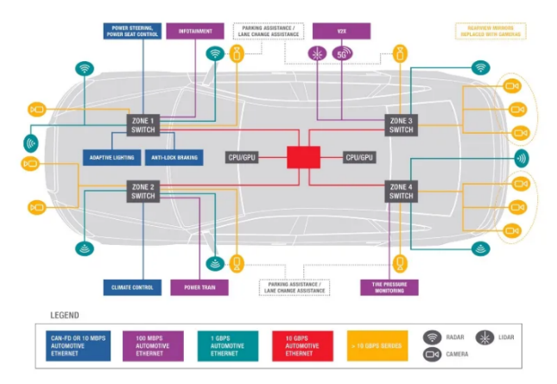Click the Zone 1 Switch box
click(x=142, y=125)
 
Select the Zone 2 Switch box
click(x=142, y=191)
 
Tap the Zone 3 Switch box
click(x=401, y=125)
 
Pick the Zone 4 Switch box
click(x=401, y=191)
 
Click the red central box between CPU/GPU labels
click(x=303, y=157)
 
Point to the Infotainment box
click(x=195, y=31)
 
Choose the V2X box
click(x=342, y=31)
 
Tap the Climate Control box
click(x=132, y=287)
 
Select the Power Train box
click(x=199, y=287)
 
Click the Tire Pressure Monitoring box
click(x=389, y=287)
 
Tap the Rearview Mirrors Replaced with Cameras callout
click(x=491, y=31)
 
